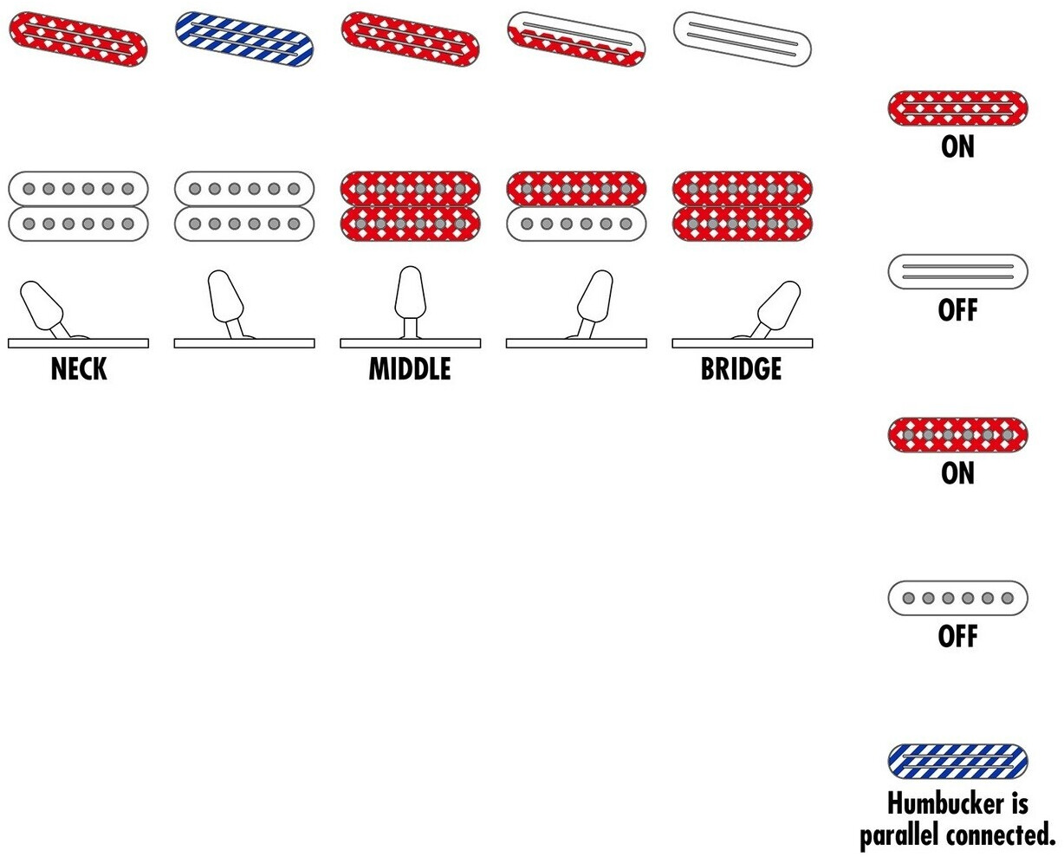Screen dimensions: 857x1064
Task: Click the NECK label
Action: click(x=79, y=369)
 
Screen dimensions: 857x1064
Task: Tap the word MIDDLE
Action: click(x=410, y=369)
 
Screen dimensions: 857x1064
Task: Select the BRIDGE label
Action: click(x=741, y=369)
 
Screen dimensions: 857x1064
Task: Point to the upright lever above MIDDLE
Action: click(x=410, y=295)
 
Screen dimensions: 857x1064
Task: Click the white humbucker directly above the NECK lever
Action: click(x=78, y=206)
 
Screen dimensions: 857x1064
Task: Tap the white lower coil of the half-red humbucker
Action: click(x=576, y=224)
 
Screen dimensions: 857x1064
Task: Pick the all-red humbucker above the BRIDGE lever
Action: click(x=743, y=206)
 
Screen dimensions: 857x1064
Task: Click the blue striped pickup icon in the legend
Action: click(x=957, y=762)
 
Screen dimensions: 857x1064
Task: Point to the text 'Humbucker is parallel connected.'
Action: click(x=957, y=819)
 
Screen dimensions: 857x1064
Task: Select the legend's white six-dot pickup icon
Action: click(x=957, y=598)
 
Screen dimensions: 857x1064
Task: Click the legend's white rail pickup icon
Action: click(x=957, y=271)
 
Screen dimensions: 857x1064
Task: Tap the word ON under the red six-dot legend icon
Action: click(x=957, y=474)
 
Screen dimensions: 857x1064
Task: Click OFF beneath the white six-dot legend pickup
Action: click(x=957, y=637)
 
